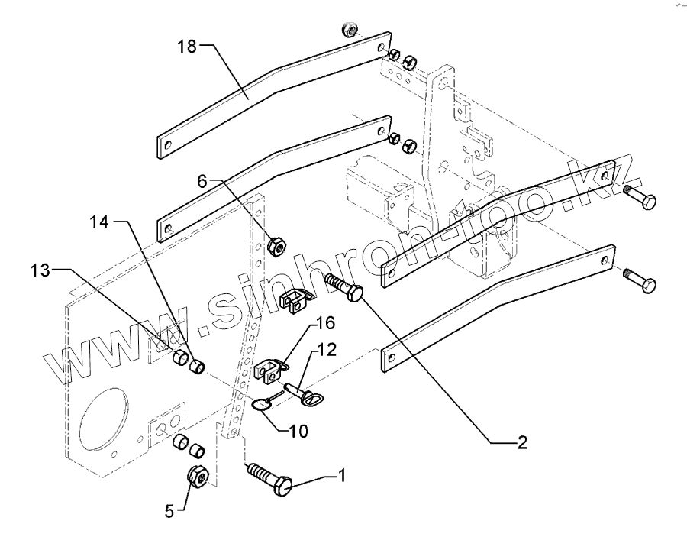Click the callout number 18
(187, 46)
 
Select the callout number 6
(202, 180)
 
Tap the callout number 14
(99, 222)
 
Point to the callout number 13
(40, 270)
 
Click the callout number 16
(325, 323)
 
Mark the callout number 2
(522, 443)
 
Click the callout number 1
(342, 475)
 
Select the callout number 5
(169, 511)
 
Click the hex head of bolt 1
(283, 486)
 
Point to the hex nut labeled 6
(276, 246)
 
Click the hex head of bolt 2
(355, 293)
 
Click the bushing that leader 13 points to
(180, 358)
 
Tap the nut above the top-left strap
(349, 31)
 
